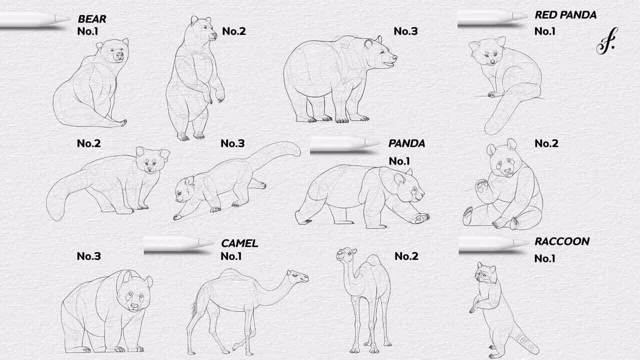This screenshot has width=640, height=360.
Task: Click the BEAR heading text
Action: point(92,19)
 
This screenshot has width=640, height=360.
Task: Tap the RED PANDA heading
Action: point(565,15)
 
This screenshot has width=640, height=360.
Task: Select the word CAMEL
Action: point(239,243)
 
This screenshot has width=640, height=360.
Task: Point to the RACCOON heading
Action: point(561,241)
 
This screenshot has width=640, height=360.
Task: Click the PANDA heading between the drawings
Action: point(406,143)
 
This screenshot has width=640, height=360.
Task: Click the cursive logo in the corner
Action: point(607,41)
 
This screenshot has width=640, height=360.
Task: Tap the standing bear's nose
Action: point(213,35)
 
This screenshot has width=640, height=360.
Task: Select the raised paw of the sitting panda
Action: point(481,186)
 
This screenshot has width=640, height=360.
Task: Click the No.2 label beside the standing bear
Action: point(233,31)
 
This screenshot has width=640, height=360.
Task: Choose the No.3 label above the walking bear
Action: point(405,31)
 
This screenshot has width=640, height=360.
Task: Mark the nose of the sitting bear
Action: point(119,55)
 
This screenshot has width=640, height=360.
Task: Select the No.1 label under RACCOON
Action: point(544,258)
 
